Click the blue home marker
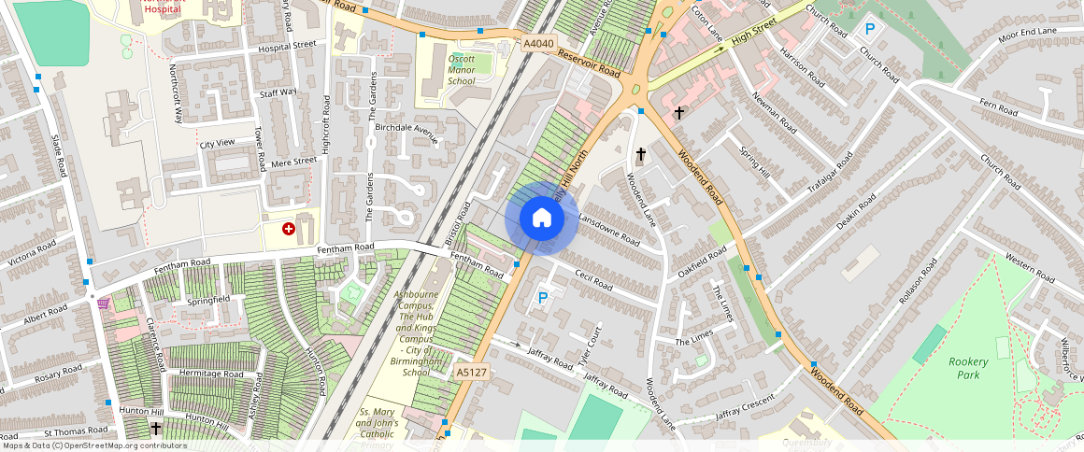click(541, 219)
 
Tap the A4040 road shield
click(538, 43)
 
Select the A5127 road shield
click(471, 373)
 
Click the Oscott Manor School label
click(462, 70)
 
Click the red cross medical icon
click(289, 228)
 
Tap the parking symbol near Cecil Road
click(542, 299)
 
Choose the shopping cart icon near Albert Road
click(103, 304)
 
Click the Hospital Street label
click(288, 45)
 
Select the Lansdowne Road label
click(609, 229)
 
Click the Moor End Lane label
click(1027, 35)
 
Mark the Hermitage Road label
click(211, 374)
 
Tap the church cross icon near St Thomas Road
click(156, 429)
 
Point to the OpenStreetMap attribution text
click(93, 445)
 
